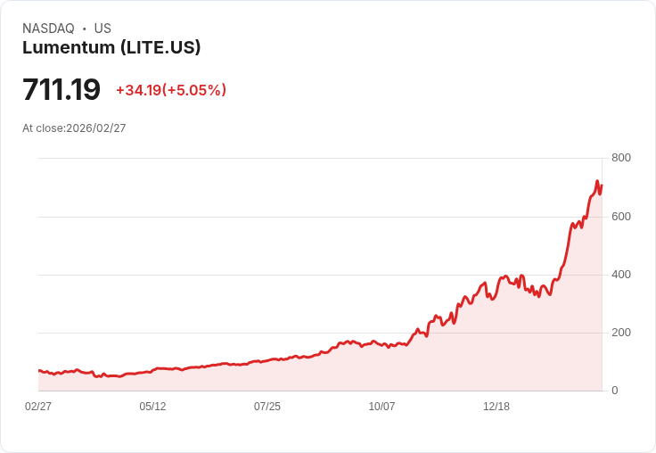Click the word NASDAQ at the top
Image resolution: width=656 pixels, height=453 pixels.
pos(48,29)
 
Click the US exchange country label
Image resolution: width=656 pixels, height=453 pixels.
pos(102,29)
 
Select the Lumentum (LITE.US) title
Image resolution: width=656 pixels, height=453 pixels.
pos(111,48)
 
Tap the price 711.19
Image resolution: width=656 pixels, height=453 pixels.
pos(61,90)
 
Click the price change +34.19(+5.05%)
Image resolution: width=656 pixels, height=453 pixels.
pos(171,90)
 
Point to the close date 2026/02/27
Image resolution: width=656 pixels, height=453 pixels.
pos(96,128)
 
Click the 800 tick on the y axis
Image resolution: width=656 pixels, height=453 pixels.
pos(620,158)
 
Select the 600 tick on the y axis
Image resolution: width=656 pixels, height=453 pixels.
pos(620,217)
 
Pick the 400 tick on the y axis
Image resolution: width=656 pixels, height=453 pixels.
pos(620,275)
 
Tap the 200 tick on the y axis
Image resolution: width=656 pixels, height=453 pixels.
pos(620,333)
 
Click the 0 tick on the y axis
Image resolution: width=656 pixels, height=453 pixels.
pos(614,391)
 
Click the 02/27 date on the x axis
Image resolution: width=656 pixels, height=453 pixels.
pos(38,407)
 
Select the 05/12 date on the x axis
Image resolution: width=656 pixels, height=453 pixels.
pos(152,407)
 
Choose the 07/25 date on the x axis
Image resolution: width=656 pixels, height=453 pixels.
pos(267,407)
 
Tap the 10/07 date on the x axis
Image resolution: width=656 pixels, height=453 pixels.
pos(381,407)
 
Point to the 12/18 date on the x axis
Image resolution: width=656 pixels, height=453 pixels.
pos(496,407)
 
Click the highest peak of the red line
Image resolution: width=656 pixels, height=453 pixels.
pos(597,182)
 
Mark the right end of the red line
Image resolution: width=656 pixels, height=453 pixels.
pos(602,185)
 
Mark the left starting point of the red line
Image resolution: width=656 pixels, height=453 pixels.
pos(39,370)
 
